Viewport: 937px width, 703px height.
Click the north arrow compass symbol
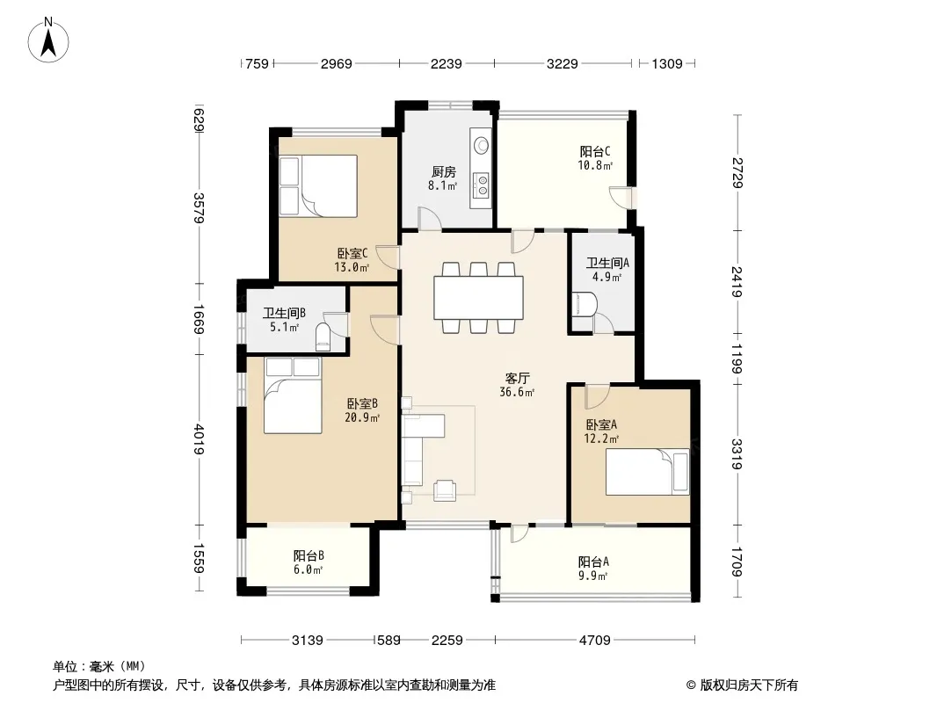click(x=48, y=40)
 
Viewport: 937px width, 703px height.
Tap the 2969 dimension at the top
click(x=337, y=63)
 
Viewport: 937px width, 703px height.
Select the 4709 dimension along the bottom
click(x=594, y=641)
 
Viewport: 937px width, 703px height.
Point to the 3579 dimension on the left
click(x=200, y=208)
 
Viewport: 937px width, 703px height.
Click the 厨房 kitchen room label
click(x=443, y=172)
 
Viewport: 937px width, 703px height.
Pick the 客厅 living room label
click(x=518, y=378)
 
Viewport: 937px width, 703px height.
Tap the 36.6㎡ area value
click(x=517, y=393)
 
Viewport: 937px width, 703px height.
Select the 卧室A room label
click(x=601, y=424)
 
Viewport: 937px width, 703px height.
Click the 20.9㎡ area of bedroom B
click(x=362, y=417)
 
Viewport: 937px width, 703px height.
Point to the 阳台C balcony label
click(x=595, y=152)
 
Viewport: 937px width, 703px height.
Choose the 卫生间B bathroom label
click(x=285, y=313)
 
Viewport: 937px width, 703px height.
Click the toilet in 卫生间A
click(x=583, y=304)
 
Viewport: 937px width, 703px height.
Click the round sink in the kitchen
click(x=481, y=145)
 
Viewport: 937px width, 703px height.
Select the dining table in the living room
click(x=479, y=297)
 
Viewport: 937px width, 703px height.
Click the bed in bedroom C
click(x=318, y=185)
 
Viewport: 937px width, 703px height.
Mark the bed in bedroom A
click(x=648, y=472)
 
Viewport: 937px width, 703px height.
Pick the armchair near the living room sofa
click(x=445, y=489)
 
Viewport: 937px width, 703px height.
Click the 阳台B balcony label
click(x=309, y=556)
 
